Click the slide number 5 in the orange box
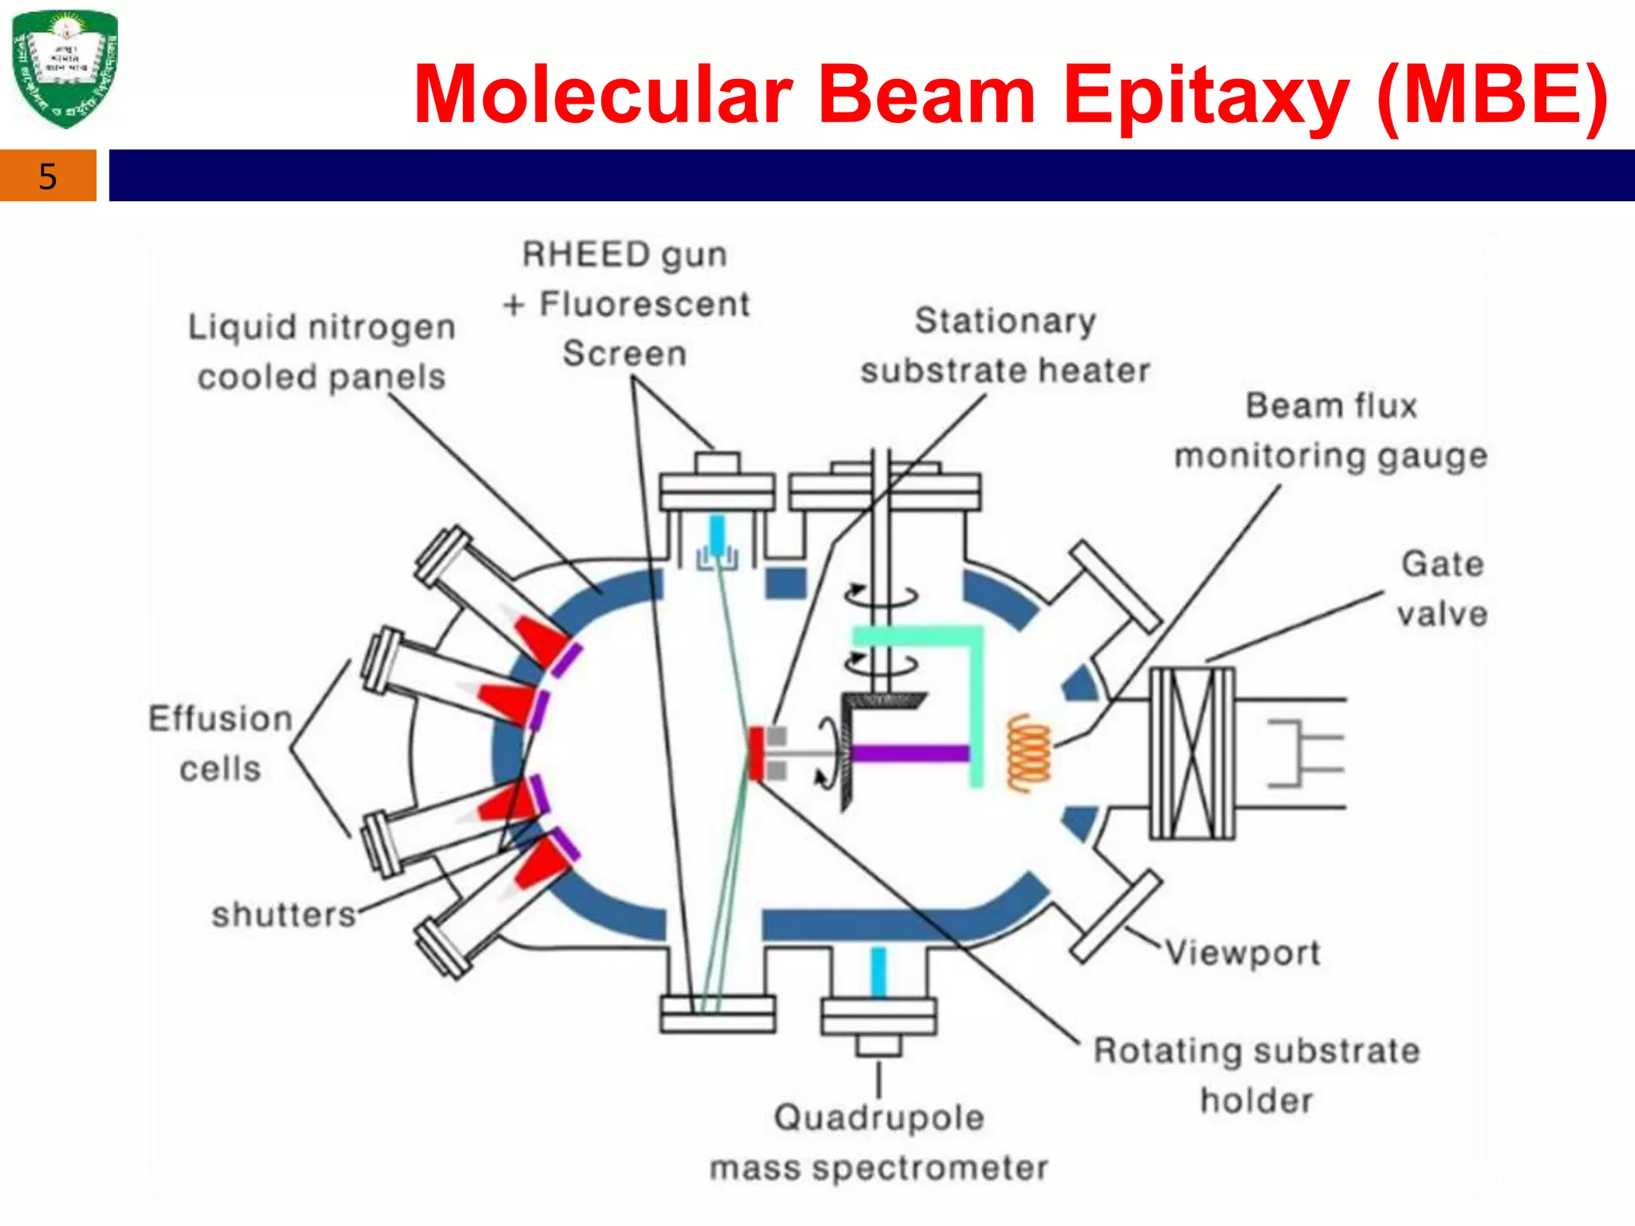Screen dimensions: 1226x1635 click(48, 176)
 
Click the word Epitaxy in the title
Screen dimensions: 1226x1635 click(1205, 96)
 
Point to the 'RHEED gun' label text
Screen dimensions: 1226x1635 click(624, 255)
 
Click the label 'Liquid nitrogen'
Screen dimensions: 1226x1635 click(322, 327)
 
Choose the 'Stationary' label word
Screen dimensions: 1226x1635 click(1005, 321)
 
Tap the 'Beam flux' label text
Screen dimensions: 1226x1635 click(1331, 405)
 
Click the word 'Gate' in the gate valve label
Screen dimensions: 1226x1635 click(1443, 564)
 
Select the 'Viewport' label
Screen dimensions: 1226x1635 click(1242, 952)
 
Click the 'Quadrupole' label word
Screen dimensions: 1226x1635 click(878, 1117)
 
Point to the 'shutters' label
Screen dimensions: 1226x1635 click(283, 915)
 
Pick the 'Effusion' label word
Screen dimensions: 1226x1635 click(220, 718)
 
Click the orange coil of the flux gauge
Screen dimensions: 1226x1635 click(1029, 753)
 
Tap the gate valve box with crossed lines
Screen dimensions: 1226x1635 click(1192, 753)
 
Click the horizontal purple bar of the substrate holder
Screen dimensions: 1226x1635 click(911, 753)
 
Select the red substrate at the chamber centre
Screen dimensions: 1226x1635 click(754, 753)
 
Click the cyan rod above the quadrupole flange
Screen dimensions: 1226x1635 click(878, 972)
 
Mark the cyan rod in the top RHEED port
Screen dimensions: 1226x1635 click(717, 535)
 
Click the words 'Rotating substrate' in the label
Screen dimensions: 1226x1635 click(1257, 1051)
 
